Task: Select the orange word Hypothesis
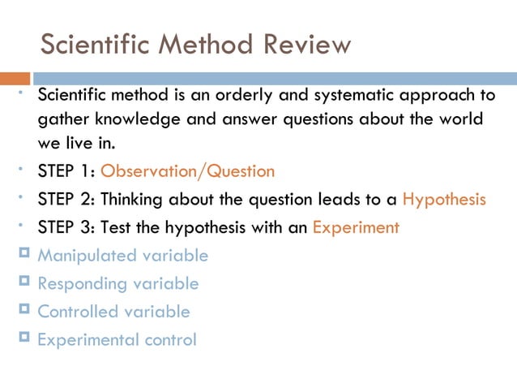pyautogui.click(x=444, y=200)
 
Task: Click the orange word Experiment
pyautogui.click(x=356, y=228)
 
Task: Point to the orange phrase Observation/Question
pyautogui.click(x=187, y=171)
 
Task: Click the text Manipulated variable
pyautogui.click(x=123, y=256)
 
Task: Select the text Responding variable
pyautogui.click(x=118, y=284)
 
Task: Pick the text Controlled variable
pyautogui.click(x=114, y=312)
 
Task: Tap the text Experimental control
pyautogui.click(x=117, y=340)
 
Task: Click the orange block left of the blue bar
pyautogui.click(x=15, y=79)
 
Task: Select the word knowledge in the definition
pyautogui.click(x=130, y=120)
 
